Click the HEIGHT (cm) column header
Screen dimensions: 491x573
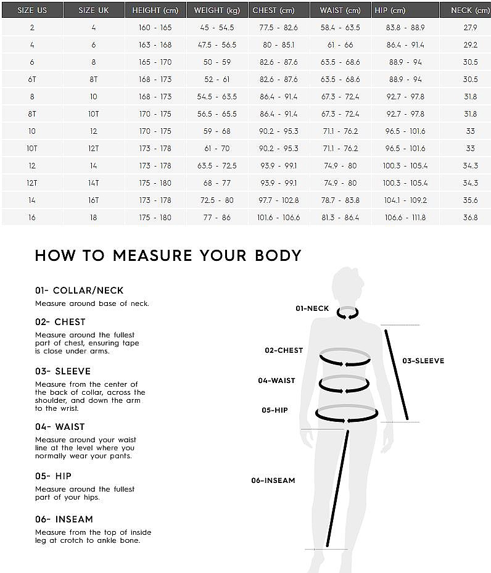click(x=155, y=10)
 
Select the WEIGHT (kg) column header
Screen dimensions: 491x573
click(x=217, y=10)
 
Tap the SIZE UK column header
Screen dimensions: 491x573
click(x=94, y=10)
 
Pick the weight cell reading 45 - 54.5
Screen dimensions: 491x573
click(x=217, y=27)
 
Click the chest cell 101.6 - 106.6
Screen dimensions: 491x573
click(x=278, y=218)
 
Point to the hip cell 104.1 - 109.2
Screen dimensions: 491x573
click(x=405, y=200)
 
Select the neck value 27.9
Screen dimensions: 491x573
click(x=470, y=27)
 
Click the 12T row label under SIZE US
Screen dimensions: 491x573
click(x=32, y=183)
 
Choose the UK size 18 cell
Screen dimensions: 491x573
click(x=94, y=218)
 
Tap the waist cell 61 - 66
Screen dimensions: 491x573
click(x=340, y=44)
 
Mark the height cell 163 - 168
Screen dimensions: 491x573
click(x=155, y=44)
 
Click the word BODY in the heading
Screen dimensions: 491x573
click(x=278, y=255)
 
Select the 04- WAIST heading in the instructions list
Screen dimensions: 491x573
click(x=60, y=426)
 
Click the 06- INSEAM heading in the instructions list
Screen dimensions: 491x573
click(x=64, y=519)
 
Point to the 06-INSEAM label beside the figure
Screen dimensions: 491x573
click(x=273, y=480)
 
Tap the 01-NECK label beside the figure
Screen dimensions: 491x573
click(x=312, y=308)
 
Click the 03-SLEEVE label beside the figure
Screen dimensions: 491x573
click(x=423, y=361)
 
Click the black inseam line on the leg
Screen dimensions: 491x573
click(x=338, y=488)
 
